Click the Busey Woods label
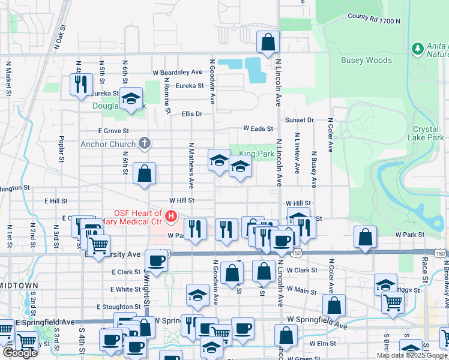click(x=366, y=60)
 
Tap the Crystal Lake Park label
click(x=429, y=134)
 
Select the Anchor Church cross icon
click(x=144, y=143)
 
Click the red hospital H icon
click(x=171, y=215)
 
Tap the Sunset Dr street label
click(x=300, y=120)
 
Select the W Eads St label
click(x=258, y=128)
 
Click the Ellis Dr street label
click(x=192, y=113)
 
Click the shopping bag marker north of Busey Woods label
click(x=268, y=42)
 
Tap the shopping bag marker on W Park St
click(x=365, y=237)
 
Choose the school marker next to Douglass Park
click(x=130, y=99)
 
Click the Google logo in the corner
click(x=20, y=353)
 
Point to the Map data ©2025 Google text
click(x=412, y=355)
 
